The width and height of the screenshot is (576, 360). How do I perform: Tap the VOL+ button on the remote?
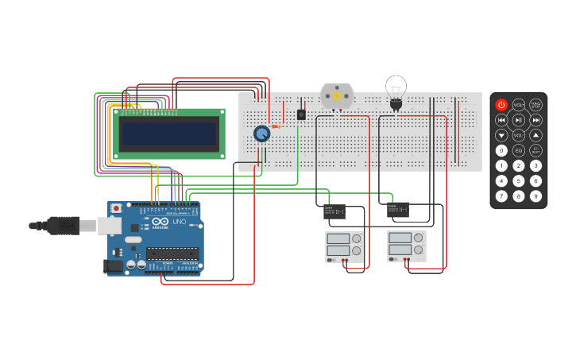coord(518,105)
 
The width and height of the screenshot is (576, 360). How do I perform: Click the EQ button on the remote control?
coord(518,150)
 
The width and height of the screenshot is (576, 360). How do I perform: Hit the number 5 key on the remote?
coord(518,180)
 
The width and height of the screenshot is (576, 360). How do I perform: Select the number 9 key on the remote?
coord(535,195)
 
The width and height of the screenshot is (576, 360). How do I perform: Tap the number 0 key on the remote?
coord(501,150)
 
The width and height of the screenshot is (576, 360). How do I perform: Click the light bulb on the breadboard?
coord(396,89)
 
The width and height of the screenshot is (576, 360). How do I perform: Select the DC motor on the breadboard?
coord(336,95)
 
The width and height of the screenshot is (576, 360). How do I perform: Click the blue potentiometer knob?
coord(261,134)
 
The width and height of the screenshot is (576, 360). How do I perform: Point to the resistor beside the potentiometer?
coord(276,126)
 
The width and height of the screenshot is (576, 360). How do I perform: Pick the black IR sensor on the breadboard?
coord(301,114)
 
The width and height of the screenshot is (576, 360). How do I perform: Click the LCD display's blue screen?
coord(168,134)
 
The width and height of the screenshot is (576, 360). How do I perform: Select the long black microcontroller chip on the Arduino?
coord(172,254)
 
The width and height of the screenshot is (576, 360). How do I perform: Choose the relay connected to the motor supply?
coord(334,211)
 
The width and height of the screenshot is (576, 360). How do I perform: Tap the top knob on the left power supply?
coord(357,238)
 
